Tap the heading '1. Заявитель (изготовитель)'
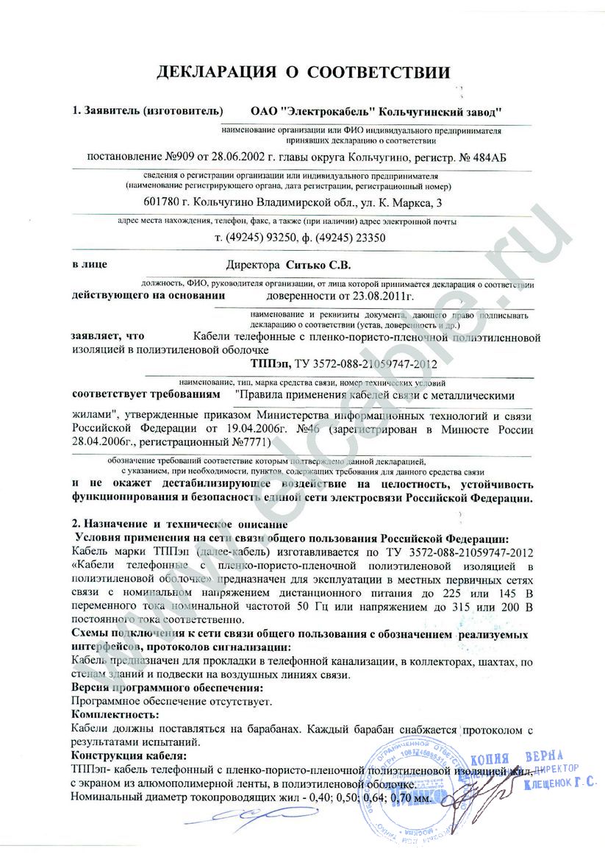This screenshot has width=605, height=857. pyautogui.click(x=147, y=112)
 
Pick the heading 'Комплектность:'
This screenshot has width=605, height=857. pyautogui.click(x=115, y=714)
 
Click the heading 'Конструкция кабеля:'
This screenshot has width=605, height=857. pyautogui.click(x=129, y=755)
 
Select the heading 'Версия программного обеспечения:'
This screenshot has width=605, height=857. pyautogui.click(x=167, y=687)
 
